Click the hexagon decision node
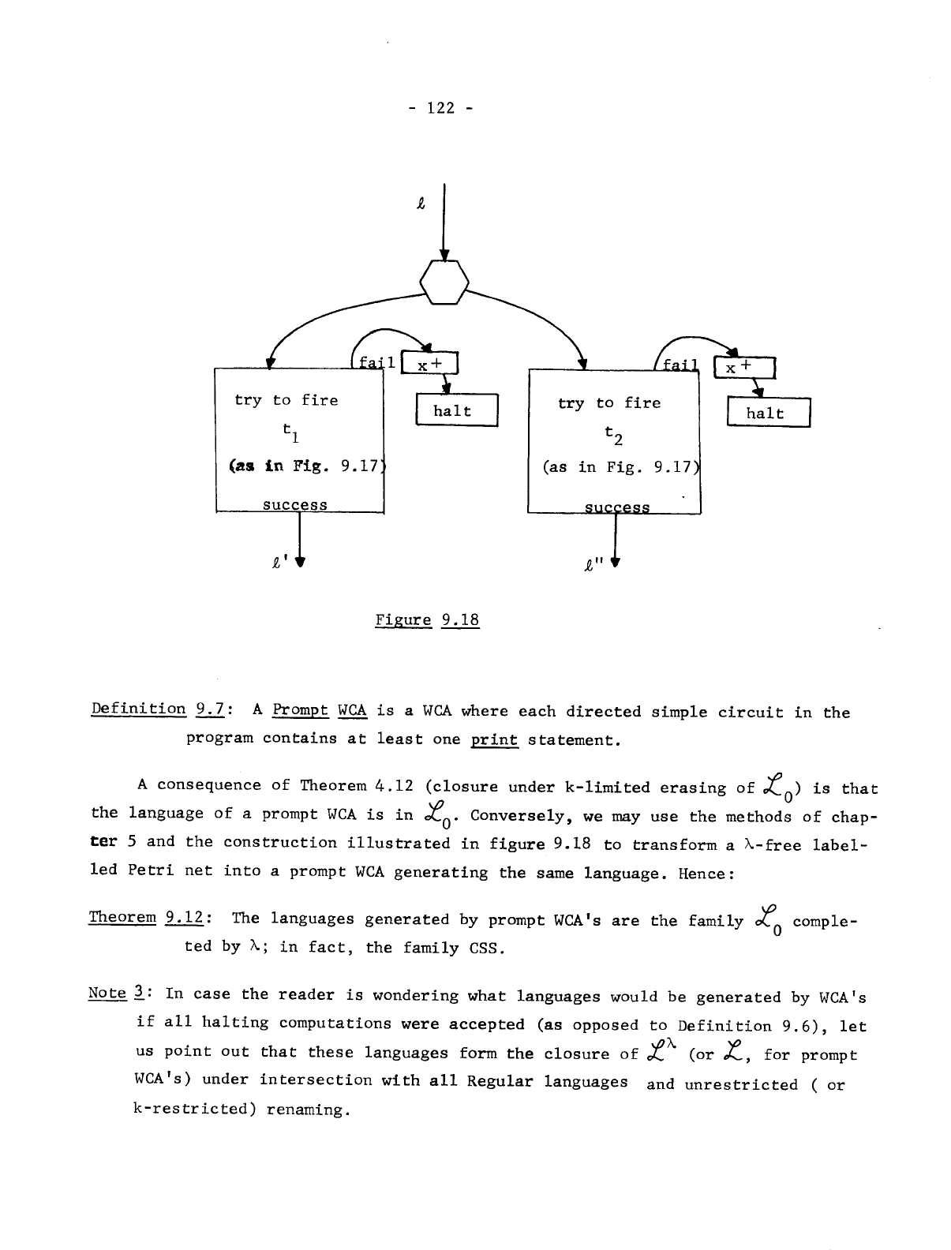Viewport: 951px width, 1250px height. [x=444, y=280]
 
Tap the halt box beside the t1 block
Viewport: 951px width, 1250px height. [x=456, y=410]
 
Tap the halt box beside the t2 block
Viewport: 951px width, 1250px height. [x=768, y=413]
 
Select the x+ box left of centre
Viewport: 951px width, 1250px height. [x=430, y=365]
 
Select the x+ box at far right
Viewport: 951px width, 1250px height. [x=743, y=368]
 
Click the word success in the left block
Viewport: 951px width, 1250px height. [x=294, y=504]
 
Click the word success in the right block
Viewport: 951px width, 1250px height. [x=616, y=507]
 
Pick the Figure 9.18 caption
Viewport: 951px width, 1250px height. [x=427, y=619]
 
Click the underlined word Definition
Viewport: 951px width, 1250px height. [x=138, y=708]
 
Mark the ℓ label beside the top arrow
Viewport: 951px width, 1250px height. [x=421, y=204]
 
